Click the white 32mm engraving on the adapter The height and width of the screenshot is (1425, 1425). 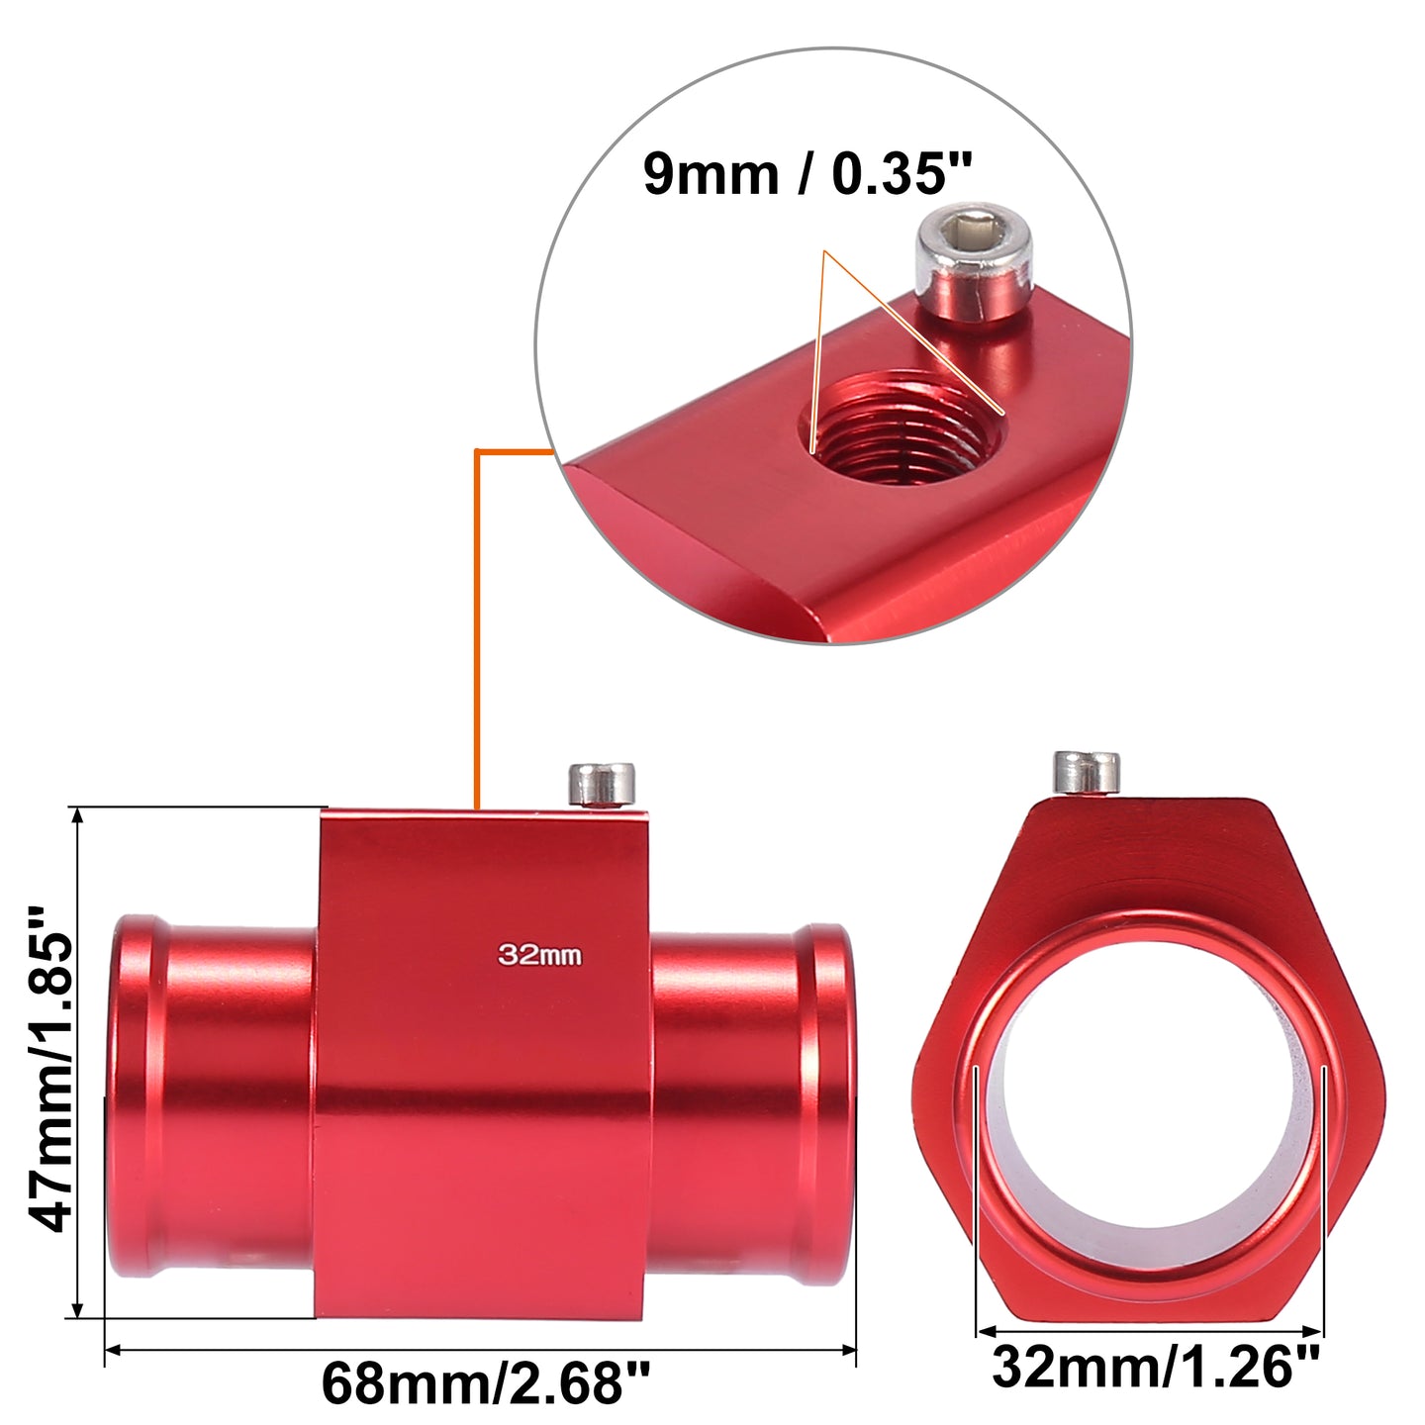[x=540, y=955]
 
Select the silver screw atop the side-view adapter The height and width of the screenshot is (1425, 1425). [x=602, y=785]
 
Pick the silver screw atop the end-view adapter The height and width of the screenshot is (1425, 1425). [x=1087, y=773]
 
